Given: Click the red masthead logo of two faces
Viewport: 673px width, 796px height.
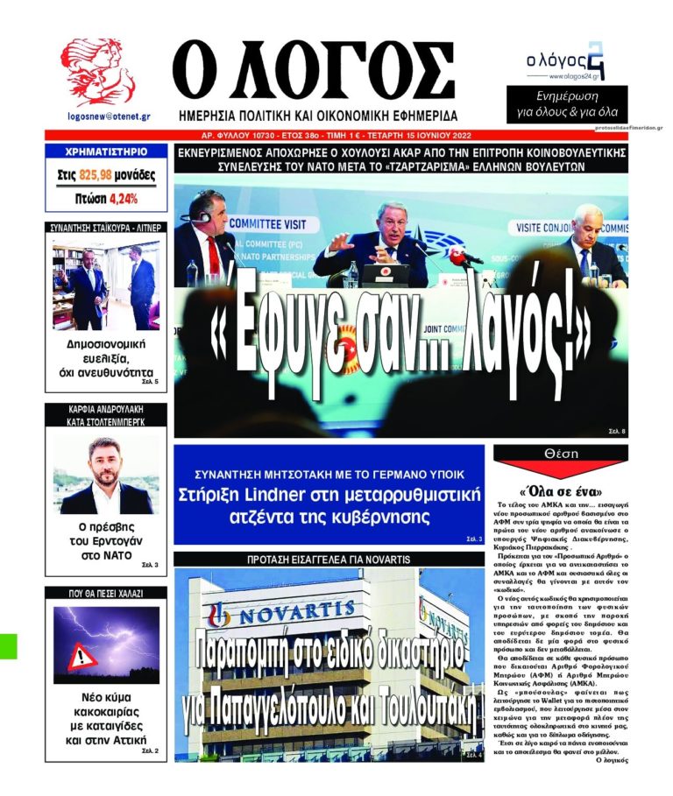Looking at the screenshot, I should (97, 72).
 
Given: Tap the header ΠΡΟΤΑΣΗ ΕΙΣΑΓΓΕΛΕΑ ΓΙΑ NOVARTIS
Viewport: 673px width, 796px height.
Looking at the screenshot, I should (328, 559).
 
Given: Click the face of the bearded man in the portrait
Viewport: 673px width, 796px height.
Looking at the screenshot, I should (105, 456).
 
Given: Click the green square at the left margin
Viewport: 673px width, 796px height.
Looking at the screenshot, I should (8, 645).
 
